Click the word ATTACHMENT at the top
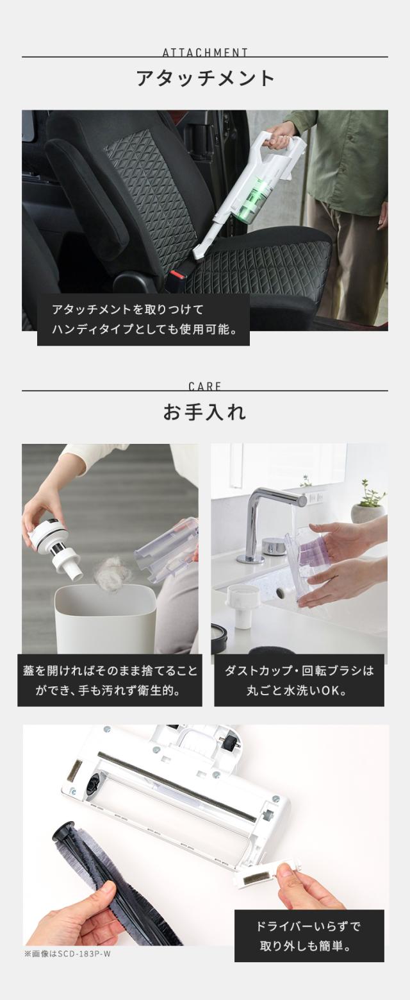pos(205,52)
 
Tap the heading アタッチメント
pos(205,78)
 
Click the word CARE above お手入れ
pos(205,386)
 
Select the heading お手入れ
pos(204,412)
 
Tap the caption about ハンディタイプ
pos(143,319)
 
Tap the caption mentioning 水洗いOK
pos(299,681)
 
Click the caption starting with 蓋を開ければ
pos(110,681)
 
